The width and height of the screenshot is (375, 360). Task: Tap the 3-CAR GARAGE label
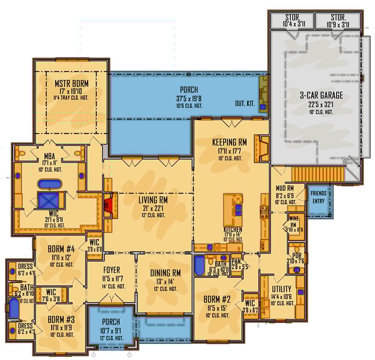321,96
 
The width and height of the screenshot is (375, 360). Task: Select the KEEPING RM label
229,142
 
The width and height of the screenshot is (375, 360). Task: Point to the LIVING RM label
153,200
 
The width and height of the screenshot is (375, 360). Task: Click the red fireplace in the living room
108,205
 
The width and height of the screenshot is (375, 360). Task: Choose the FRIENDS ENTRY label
318,197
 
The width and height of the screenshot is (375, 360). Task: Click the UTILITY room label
281,289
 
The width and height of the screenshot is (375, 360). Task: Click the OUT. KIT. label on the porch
245,104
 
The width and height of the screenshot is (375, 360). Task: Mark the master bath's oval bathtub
49,184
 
